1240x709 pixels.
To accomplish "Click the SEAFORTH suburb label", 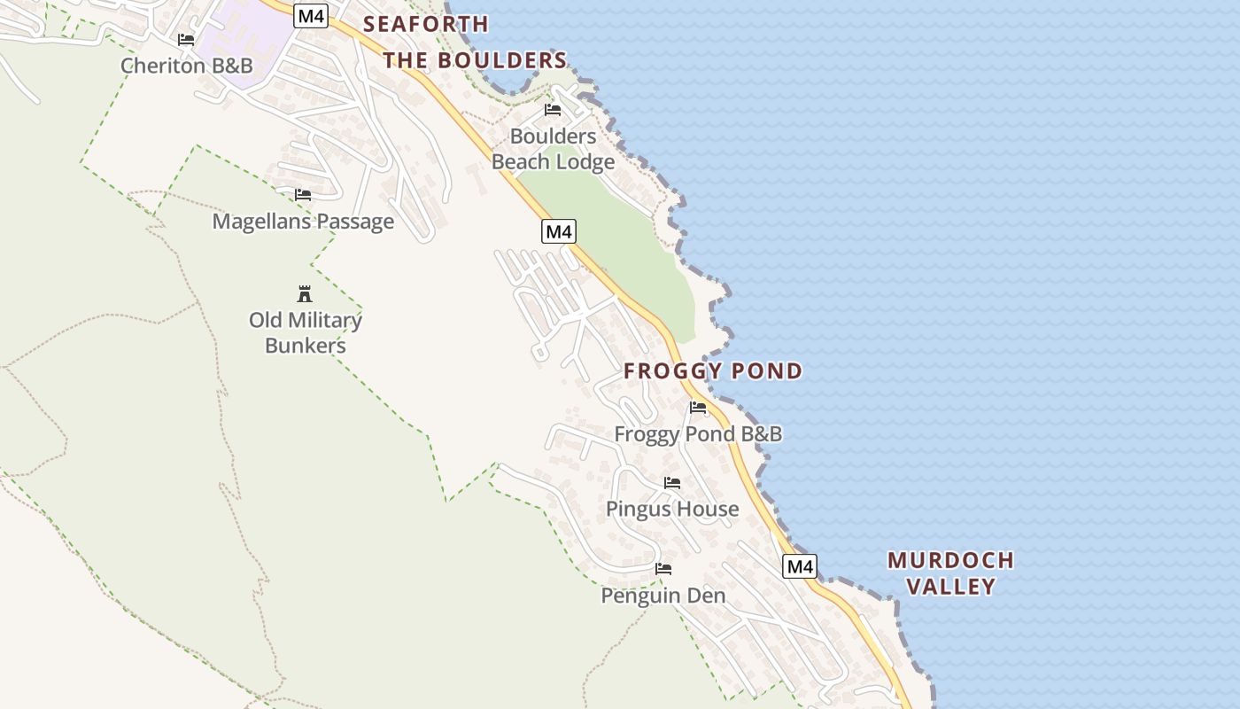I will pos(426,24).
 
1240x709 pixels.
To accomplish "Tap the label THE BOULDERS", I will pos(475,60).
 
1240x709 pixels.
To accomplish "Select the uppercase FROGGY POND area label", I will pos(713,370).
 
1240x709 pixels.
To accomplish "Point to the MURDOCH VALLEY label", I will pos(950,573).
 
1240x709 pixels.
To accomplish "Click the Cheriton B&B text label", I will pos(186,66).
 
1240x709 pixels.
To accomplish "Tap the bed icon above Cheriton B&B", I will pos(186,40).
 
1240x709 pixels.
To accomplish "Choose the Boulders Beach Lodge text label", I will pos(553,149).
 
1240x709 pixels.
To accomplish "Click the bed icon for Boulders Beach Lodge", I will pos(553,110).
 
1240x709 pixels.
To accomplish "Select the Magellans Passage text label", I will pos(303,221).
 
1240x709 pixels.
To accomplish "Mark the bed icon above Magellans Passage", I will pos(303,195).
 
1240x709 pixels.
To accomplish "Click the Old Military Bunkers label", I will pos(305,332).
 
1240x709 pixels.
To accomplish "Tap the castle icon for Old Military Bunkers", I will pos(305,293).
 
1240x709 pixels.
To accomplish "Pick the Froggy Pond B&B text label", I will pos(698,433).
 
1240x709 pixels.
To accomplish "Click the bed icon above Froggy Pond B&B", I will pos(698,408).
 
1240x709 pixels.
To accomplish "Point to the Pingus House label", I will pos(672,509).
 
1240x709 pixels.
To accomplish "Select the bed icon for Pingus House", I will pos(672,483).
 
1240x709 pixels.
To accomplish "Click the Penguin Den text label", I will pos(663,596).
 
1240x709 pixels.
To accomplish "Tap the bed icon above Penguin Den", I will pos(663,569).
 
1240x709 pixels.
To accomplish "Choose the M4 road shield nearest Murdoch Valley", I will pos(799,566).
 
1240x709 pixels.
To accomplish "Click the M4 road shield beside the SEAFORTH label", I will pos(311,15).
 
